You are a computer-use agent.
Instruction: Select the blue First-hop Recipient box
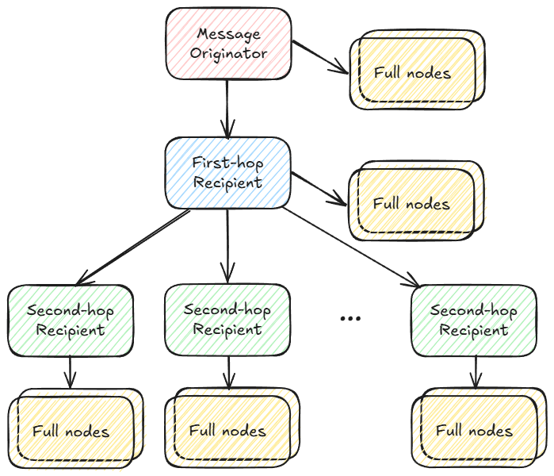(228, 173)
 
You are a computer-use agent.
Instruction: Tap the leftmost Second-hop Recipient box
(71, 320)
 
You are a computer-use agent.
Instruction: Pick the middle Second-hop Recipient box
(228, 320)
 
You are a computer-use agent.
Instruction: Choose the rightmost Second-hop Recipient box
(474, 320)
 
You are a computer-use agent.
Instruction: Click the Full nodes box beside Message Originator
(414, 72)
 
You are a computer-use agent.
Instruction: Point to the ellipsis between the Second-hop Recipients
(350, 318)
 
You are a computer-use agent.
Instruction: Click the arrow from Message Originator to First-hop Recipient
(228, 107)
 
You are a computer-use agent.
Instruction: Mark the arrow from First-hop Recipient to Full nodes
(319, 188)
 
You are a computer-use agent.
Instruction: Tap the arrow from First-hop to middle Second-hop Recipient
(228, 246)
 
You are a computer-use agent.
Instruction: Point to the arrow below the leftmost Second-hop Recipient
(71, 371)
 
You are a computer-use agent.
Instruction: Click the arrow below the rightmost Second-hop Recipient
(475, 371)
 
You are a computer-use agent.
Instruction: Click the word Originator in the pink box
(228, 53)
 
